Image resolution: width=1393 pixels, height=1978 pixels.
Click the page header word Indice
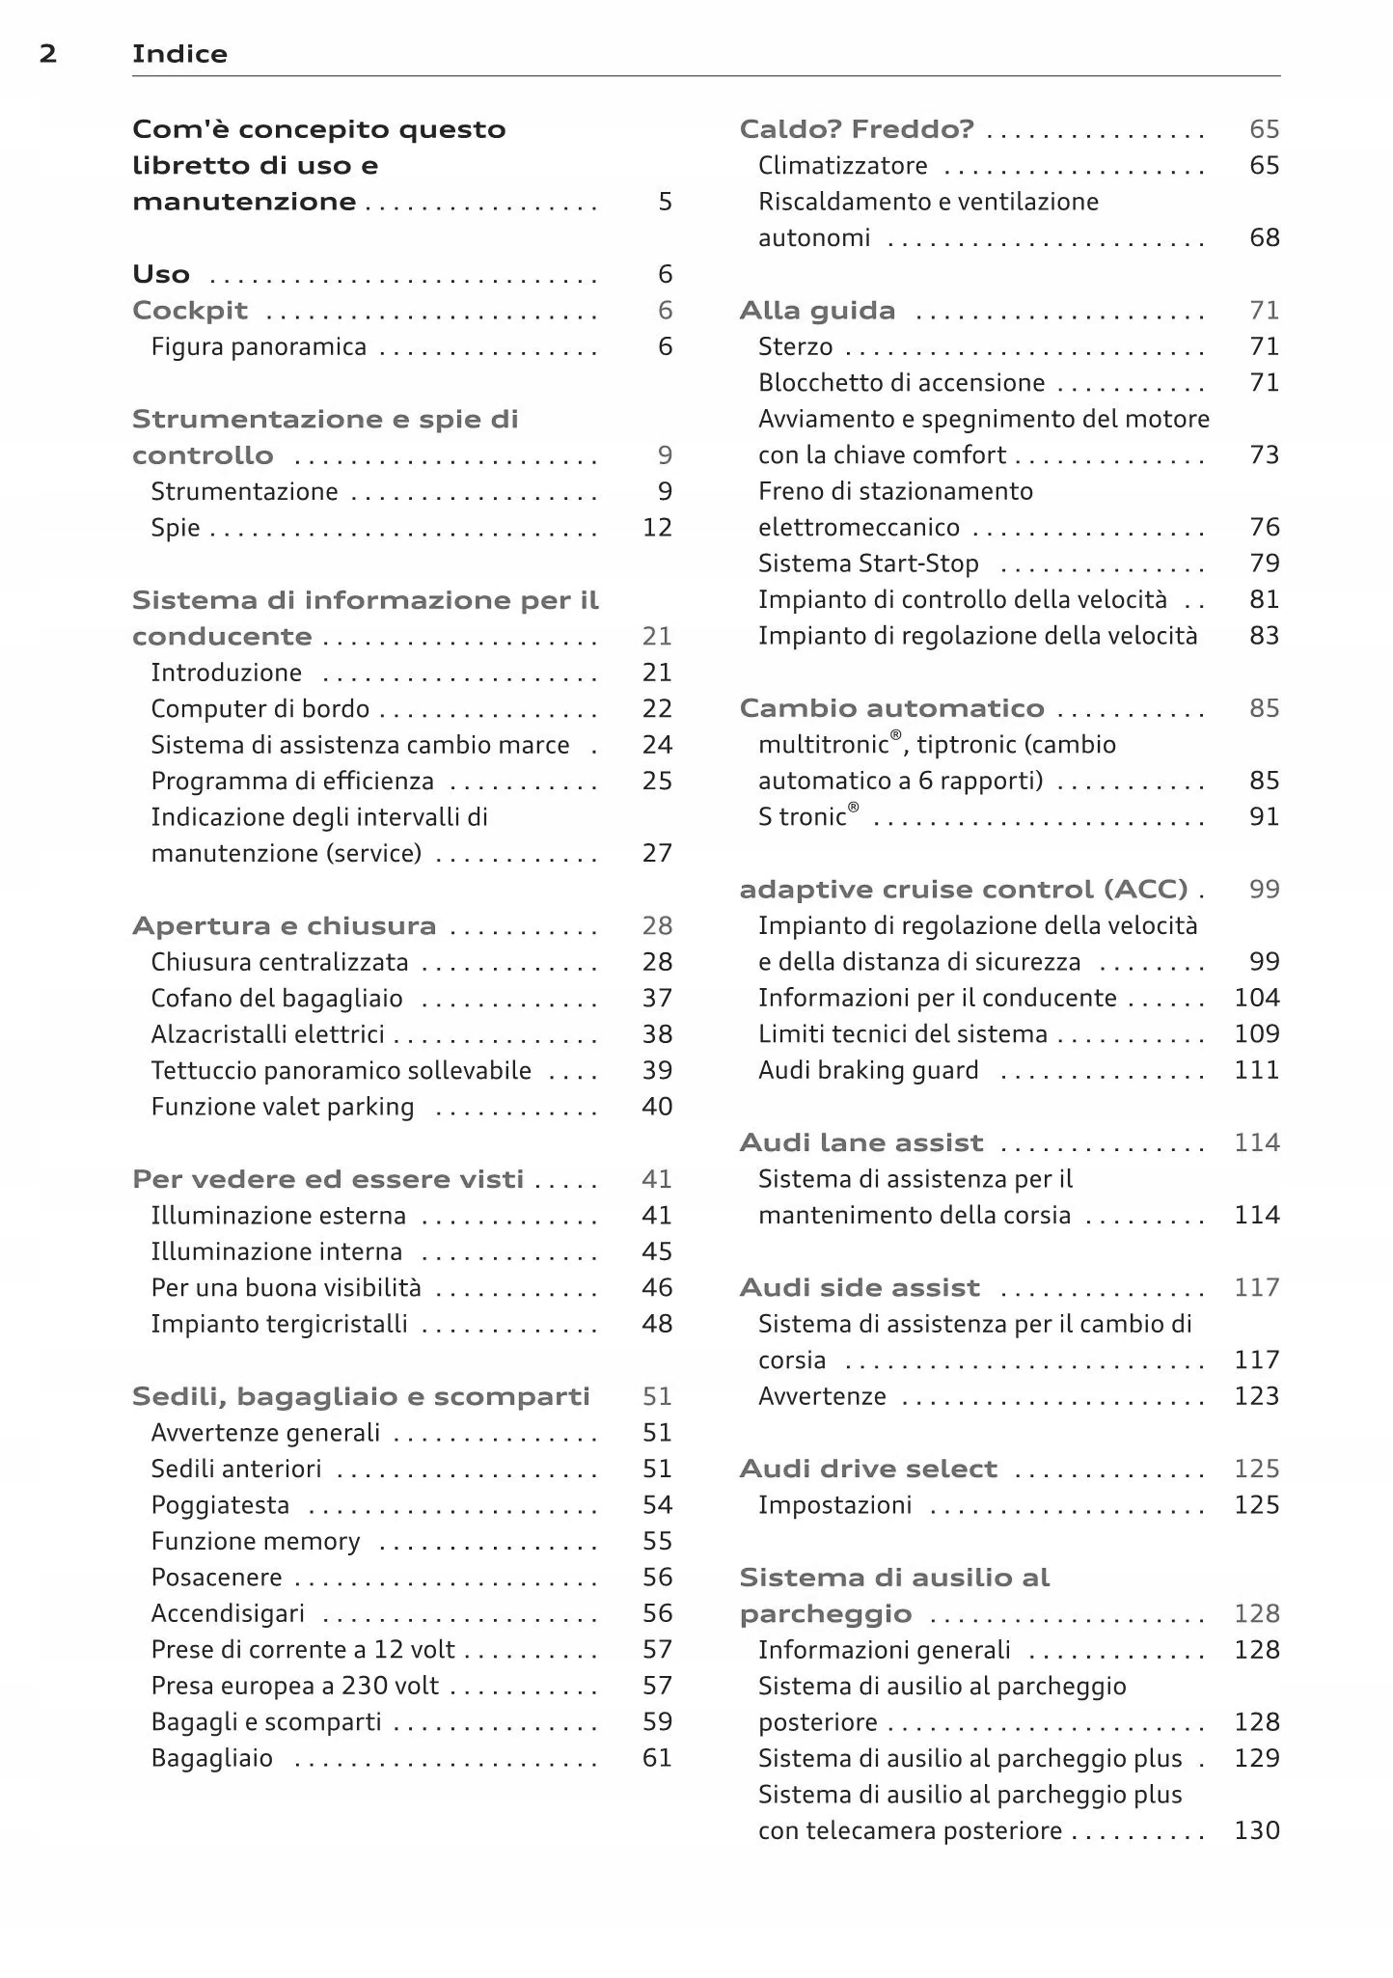click(179, 54)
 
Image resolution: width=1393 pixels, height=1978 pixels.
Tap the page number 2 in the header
click(48, 54)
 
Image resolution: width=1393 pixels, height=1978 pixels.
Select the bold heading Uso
click(161, 275)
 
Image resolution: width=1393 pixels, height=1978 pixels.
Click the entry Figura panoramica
click(259, 347)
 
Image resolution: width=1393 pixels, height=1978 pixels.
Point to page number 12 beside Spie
click(657, 528)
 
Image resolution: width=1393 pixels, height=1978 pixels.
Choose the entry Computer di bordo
click(259, 709)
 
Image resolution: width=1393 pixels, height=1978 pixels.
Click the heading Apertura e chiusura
click(284, 926)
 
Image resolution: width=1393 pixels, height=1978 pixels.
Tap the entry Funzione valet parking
click(283, 1107)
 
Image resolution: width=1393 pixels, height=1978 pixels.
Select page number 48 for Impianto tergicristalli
click(657, 1324)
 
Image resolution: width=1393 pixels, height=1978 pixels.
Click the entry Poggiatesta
click(220, 1505)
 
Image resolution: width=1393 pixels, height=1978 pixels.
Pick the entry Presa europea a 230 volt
click(294, 1686)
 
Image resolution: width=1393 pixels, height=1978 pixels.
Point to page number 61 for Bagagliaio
click(657, 1758)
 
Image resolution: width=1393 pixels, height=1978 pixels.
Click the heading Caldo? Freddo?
click(857, 129)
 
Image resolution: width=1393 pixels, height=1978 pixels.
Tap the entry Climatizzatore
click(842, 166)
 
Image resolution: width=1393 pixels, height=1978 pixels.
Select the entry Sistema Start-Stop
click(868, 563)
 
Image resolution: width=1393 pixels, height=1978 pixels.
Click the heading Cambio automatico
click(891, 709)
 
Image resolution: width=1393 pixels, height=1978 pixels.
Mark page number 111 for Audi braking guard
click(1257, 1070)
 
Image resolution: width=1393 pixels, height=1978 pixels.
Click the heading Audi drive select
click(868, 1470)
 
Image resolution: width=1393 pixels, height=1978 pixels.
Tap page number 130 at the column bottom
click(1257, 1830)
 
